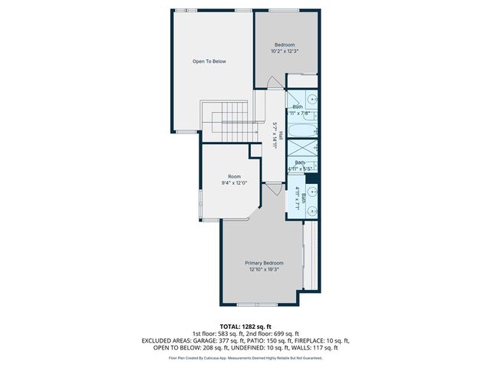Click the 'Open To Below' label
pos(209,61)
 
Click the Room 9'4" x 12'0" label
pos(234,179)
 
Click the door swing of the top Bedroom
pos(273,83)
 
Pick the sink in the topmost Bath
pos(312,99)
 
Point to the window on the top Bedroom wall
pos(278,10)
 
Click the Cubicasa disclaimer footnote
pos(245,357)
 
